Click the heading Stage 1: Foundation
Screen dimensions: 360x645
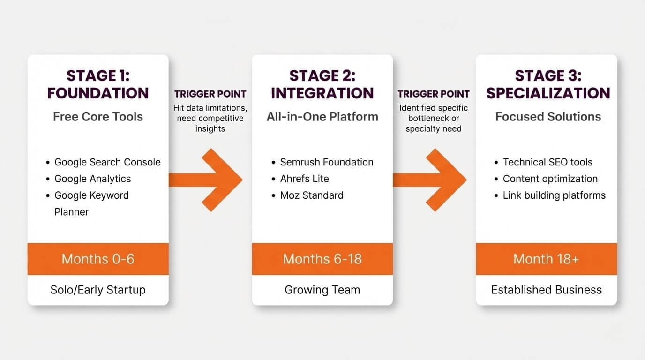pyautogui.click(x=98, y=84)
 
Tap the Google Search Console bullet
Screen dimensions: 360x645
pyautogui.click(x=107, y=162)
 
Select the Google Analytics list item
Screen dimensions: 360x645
pyautogui.click(x=92, y=179)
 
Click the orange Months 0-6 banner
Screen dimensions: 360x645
pyautogui.click(x=98, y=259)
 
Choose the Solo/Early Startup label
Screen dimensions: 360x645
pyautogui.click(x=98, y=290)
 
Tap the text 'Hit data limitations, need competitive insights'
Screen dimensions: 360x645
pyautogui.click(x=210, y=118)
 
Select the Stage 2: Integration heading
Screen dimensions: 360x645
pyautogui.click(x=322, y=84)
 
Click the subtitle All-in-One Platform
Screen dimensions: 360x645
pyautogui.click(x=322, y=117)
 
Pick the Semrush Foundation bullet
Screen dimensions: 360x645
pyautogui.click(x=327, y=162)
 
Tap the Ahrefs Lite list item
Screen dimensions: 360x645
pyautogui.click(x=304, y=179)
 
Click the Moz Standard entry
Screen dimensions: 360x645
pyautogui.click(x=312, y=195)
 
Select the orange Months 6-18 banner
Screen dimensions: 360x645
pyautogui.click(x=322, y=259)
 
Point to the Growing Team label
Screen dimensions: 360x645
pyautogui.click(x=322, y=290)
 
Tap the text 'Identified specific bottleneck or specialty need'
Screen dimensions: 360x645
pyautogui.click(x=434, y=118)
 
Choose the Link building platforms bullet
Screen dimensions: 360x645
pyautogui.click(x=554, y=195)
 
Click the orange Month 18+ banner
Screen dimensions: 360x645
pyautogui.click(x=547, y=259)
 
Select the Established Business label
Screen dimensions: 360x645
pyautogui.click(x=547, y=290)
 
